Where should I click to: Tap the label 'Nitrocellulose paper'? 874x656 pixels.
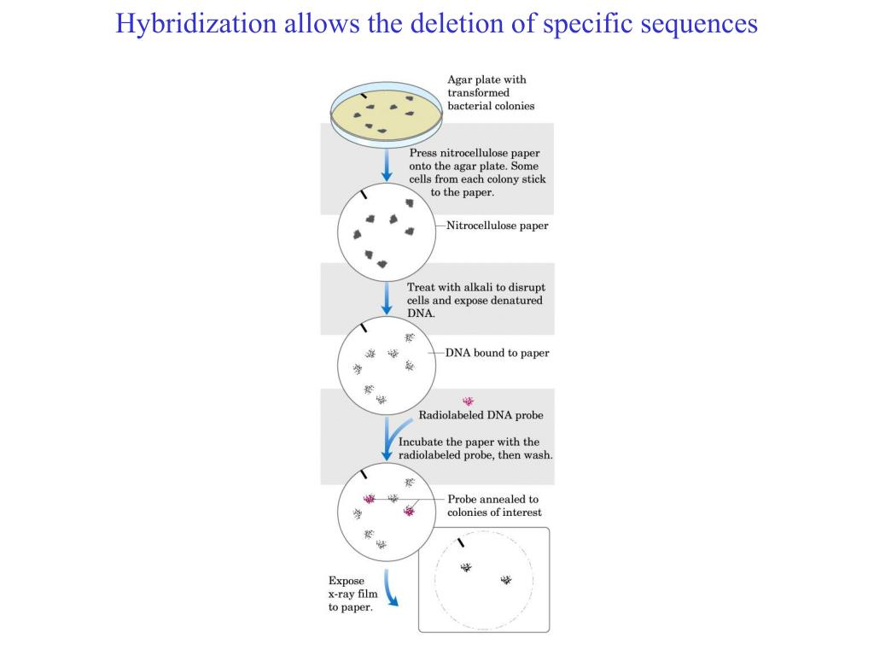click(498, 225)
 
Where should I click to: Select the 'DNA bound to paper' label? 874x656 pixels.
click(498, 353)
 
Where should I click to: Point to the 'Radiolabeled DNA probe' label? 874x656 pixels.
click(481, 415)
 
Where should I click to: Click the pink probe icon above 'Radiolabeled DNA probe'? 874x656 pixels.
click(469, 401)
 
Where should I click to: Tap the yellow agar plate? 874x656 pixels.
click(387, 114)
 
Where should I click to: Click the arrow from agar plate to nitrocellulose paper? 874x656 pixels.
click(387, 165)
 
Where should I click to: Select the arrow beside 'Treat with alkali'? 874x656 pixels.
click(387, 298)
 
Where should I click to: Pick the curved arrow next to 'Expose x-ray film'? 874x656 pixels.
click(391, 588)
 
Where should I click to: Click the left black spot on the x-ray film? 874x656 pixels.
click(466, 567)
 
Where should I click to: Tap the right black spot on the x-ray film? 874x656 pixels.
click(506, 580)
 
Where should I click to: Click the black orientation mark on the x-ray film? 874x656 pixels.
click(460, 542)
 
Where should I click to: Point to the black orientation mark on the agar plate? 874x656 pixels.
click(364, 96)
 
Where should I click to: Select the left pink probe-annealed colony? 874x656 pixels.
click(369, 499)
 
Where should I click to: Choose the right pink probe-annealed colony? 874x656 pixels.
click(409, 511)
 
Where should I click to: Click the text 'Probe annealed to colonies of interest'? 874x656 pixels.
click(494, 506)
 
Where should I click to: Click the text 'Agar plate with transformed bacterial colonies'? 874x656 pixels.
click(491, 92)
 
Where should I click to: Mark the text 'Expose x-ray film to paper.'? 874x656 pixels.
click(353, 594)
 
